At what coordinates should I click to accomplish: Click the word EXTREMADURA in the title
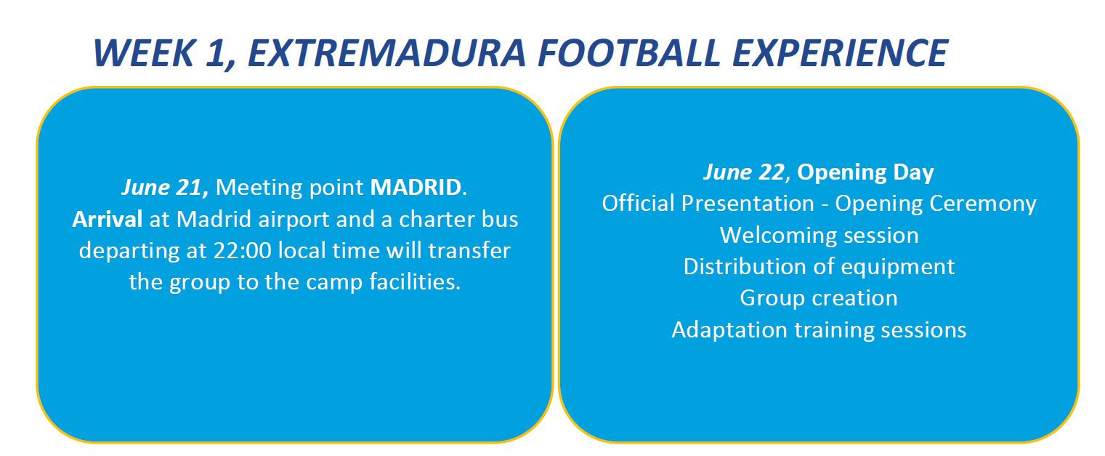tap(386, 53)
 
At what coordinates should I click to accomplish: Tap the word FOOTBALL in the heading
tap(629, 53)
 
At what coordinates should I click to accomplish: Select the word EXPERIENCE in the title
tap(840, 53)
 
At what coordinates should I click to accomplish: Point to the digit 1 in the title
tap(216, 53)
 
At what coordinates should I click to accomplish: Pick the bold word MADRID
tap(416, 187)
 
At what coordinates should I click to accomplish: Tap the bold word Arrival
tap(107, 219)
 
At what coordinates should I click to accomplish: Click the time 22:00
tap(242, 250)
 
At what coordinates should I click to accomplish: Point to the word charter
tap(437, 219)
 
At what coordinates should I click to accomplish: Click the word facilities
tap(414, 282)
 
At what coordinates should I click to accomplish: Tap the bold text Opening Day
tap(865, 172)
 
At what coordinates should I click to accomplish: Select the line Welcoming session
tap(819, 236)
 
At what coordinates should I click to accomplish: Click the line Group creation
tap(819, 298)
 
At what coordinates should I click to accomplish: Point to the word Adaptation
tap(729, 330)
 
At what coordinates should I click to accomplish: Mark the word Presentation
tap(748, 204)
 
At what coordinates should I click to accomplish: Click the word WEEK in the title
tap(144, 53)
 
